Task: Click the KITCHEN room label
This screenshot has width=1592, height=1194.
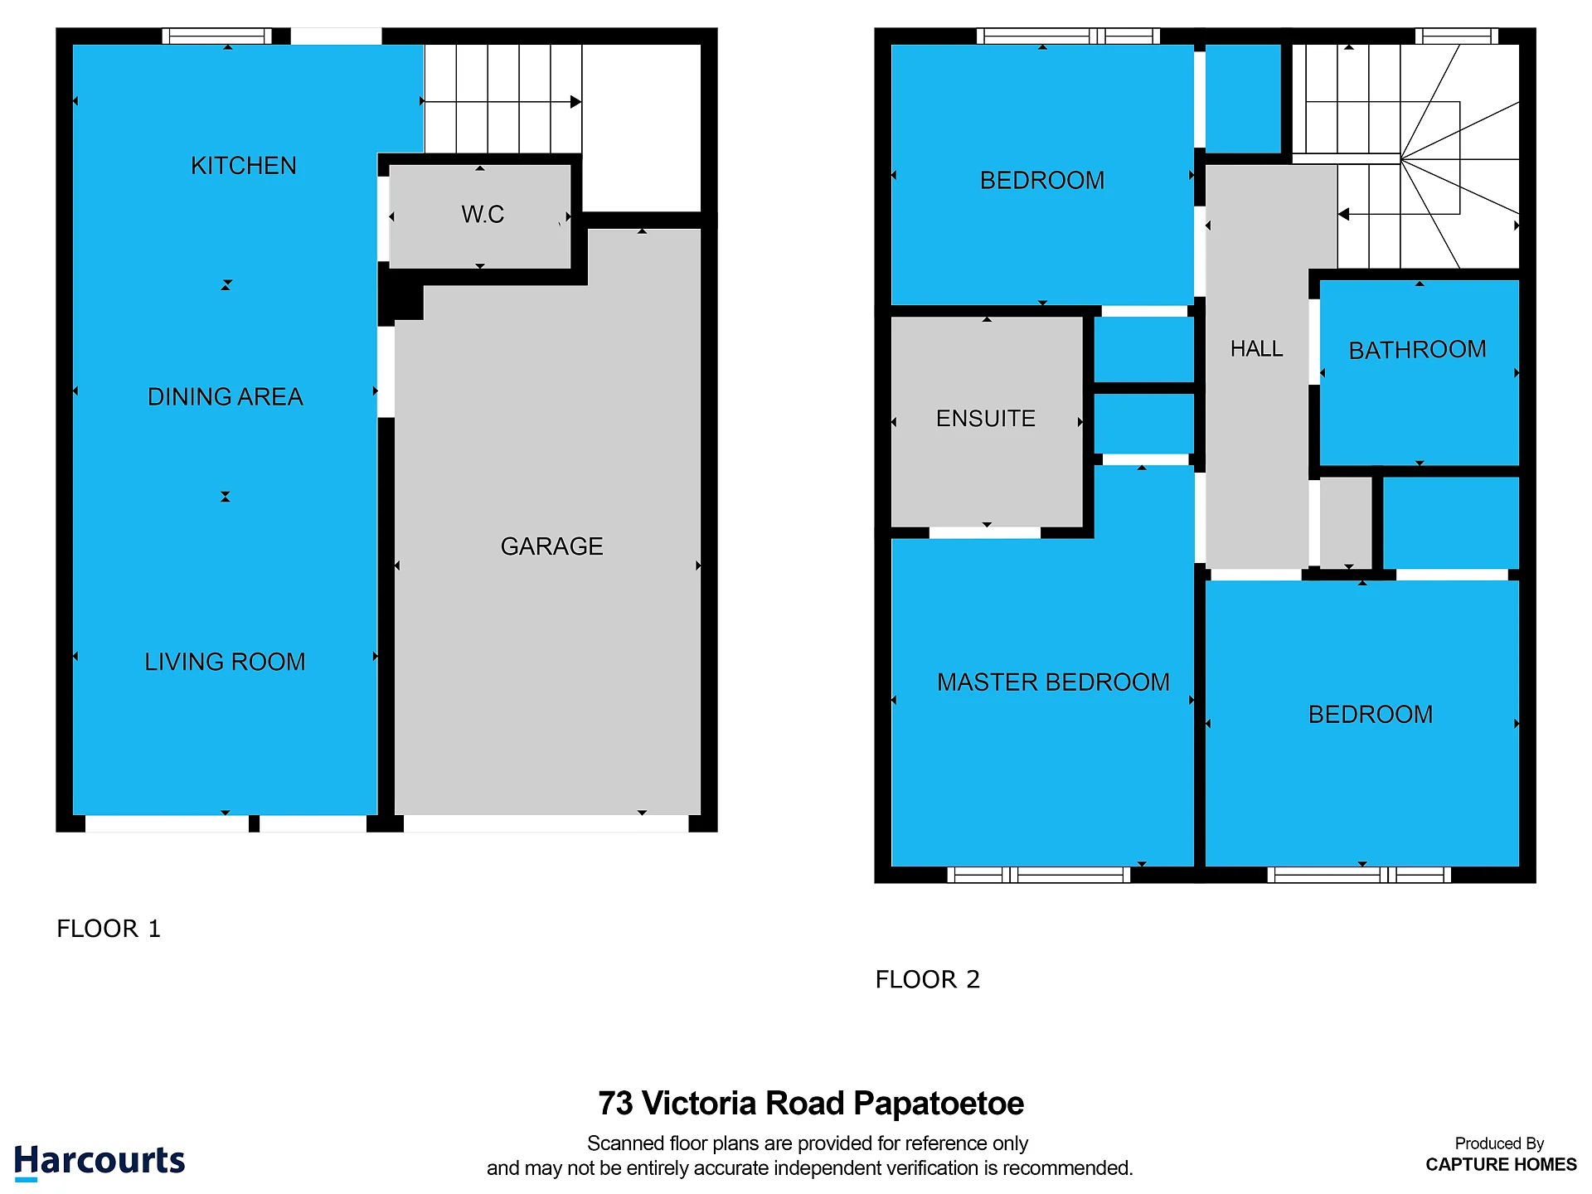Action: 244,166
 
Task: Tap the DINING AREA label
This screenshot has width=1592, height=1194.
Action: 225,397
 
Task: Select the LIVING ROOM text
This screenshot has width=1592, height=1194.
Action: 225,662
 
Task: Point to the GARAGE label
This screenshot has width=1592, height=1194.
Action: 551,546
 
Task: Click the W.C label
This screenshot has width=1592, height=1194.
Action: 483,215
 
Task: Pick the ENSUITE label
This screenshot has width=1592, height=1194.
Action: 986,419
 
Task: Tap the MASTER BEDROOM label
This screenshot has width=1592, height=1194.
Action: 1053,682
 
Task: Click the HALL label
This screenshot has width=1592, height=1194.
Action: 1257,349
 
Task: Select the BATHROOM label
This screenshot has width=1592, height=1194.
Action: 1418,350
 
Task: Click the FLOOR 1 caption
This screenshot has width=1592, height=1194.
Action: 109,929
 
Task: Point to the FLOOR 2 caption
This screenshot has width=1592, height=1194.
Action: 928,980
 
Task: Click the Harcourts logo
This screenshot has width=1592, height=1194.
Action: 99,1161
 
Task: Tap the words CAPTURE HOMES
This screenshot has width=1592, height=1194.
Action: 1501,1165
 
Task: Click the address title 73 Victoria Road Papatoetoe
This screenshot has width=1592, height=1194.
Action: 811,1104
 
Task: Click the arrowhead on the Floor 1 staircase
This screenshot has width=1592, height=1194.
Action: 575,102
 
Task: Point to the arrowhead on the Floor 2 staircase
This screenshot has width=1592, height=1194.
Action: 1343,214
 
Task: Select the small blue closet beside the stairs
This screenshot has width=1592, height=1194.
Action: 1243,99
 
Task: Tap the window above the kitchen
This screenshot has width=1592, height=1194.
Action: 216,36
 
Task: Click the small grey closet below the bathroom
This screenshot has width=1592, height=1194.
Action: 1346,522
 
